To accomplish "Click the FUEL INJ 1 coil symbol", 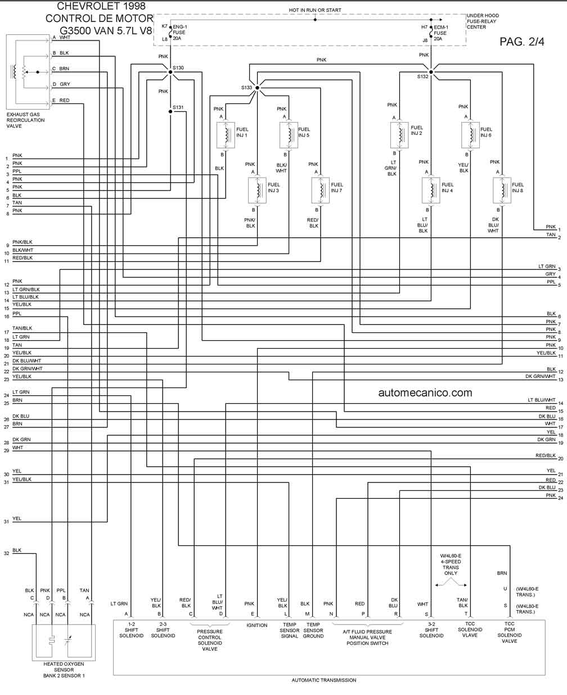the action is (226, 135).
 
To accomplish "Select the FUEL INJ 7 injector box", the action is (321, 191).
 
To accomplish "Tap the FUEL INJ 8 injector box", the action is (502, 191).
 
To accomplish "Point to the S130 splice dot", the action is (170, 72).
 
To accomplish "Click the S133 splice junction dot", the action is (257, 88).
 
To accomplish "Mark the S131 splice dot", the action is (170, 112).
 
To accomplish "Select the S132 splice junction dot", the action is (431, 72).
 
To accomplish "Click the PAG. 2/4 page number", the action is (522, 42).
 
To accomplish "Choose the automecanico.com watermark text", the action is (425, 392).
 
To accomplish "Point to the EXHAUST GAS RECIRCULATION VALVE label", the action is (26, 120).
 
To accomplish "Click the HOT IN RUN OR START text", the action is (315, 10).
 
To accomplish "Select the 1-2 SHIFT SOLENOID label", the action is (131, 630).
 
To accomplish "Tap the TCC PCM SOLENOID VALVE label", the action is (509, 632).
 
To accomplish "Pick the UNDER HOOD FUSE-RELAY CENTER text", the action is (483, 21).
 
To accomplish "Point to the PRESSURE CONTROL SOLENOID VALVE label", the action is (210, 640).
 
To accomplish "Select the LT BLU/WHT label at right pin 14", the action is (542, 400).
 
